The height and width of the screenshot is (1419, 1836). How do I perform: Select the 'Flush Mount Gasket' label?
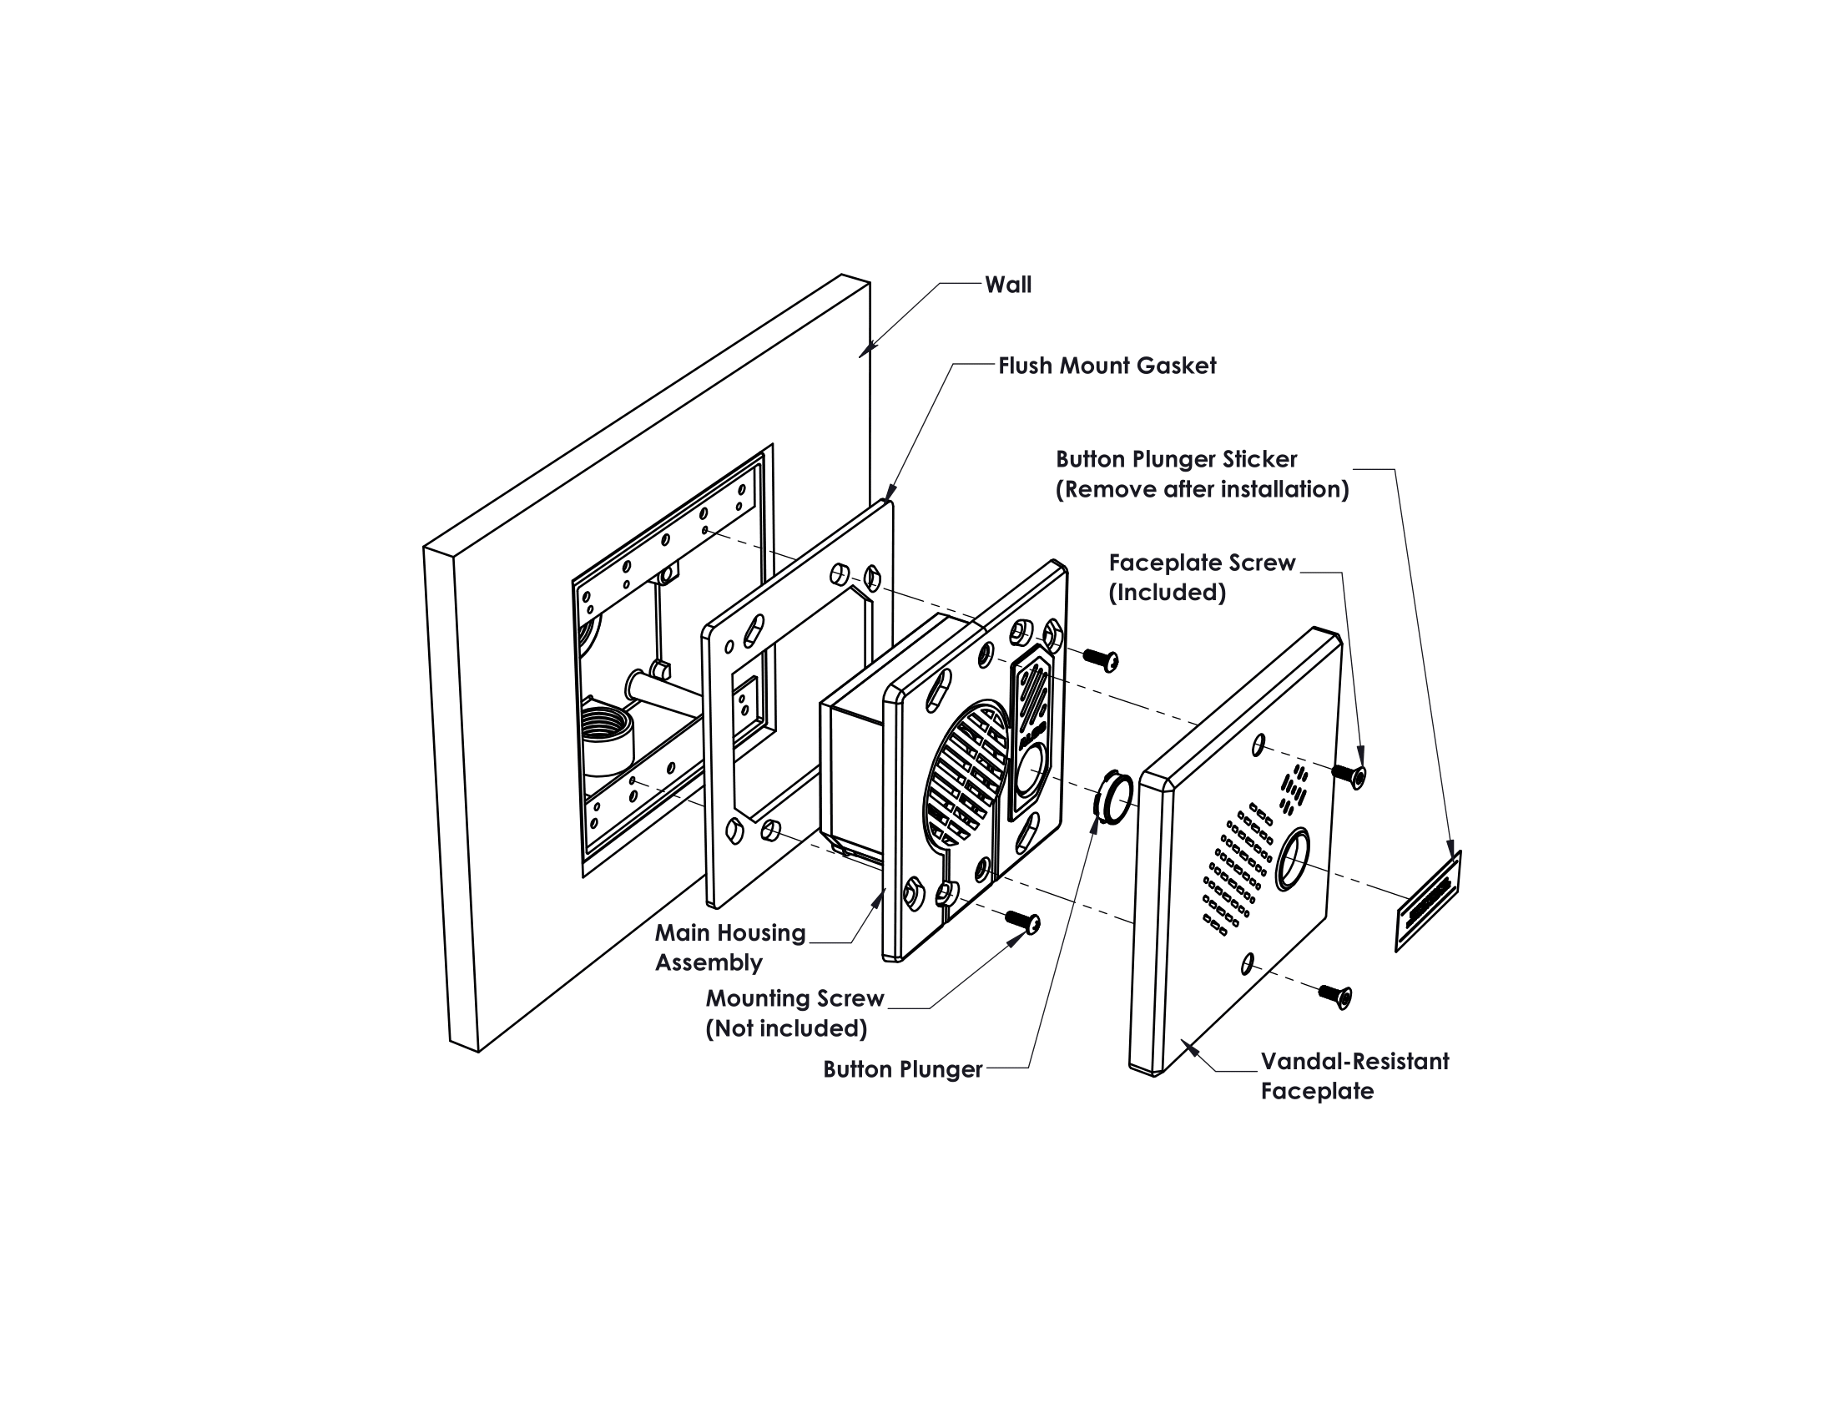coord(1107,366)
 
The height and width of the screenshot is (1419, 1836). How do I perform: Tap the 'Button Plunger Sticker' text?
coord(1176,459)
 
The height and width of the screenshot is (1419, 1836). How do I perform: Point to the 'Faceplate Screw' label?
coord(1201,563)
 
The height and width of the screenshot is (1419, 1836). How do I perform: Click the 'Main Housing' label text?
coord(729,932)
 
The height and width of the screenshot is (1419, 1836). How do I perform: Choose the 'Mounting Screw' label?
coord(794,997)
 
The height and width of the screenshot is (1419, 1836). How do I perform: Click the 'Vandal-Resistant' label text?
coord(1354,1061)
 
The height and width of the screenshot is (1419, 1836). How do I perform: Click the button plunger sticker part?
coord(1428,901)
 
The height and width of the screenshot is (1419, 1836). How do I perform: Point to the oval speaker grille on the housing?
coord(966,775)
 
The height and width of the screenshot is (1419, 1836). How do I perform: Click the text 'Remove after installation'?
coord(1202,489)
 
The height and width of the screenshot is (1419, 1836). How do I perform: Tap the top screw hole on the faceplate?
coord(1259,744)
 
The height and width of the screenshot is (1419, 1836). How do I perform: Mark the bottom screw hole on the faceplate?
coord(1248,963)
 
